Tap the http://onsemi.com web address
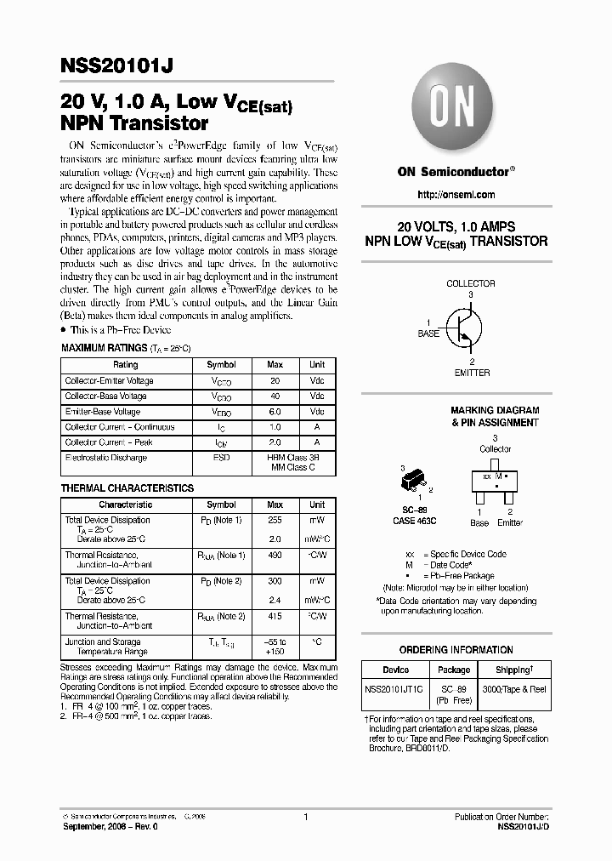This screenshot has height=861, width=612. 456,195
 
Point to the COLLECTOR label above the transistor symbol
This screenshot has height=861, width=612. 470,283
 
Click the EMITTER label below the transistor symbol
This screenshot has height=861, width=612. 473,373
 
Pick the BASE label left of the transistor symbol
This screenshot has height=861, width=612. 428,334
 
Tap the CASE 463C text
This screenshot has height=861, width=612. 416,521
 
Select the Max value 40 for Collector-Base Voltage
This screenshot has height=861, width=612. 275,396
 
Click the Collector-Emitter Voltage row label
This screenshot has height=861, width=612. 110,381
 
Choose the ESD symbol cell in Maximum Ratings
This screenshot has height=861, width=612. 222,458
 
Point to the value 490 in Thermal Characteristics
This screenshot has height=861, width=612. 275,556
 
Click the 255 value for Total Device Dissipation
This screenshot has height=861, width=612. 275,520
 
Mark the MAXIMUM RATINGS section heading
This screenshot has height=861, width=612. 104,349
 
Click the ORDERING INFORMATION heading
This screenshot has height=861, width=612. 456,650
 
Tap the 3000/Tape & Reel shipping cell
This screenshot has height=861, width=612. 514,690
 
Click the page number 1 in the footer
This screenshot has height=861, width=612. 305,817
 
